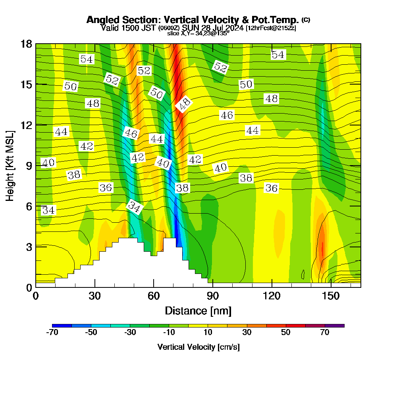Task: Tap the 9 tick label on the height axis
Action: click(27, 166)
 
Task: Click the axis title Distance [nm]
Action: click(198, 310)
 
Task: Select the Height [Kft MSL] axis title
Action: click(10, 165)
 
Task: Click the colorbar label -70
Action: click(52, 333)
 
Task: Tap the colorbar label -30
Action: click(130, 333)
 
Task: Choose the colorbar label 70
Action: click(325, 333)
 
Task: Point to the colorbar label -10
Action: click(169, 333)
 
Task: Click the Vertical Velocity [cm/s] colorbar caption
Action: click(198, 347)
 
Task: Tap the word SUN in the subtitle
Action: click(191, 28)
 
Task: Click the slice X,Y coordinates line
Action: click(198, 34)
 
